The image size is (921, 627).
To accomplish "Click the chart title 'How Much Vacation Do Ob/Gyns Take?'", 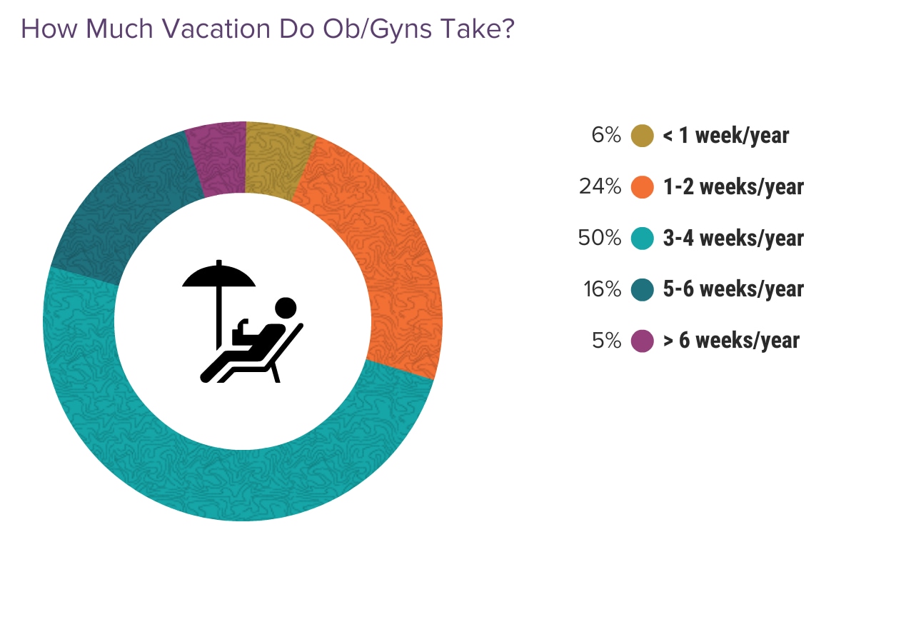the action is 268,29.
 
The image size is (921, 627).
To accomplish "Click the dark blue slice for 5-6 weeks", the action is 124,210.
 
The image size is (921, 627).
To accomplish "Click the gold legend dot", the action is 643,135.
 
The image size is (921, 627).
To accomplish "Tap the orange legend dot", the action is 643,186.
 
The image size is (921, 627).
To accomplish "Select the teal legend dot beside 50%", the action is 643,238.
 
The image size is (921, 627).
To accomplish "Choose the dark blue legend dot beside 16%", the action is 643,289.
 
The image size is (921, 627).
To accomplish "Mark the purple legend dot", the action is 643,341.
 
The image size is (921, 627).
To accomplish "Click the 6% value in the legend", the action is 606,135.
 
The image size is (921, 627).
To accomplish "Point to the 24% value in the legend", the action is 600,186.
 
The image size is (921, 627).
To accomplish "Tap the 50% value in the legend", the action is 600,238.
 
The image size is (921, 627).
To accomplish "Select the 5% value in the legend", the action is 606,341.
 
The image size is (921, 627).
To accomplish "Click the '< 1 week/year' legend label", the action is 726,136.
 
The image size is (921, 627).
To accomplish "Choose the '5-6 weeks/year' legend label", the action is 733,289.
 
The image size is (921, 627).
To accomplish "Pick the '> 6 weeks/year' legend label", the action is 732,341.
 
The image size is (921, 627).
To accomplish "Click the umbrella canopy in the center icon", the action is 218,276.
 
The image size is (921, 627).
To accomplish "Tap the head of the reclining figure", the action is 286,308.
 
